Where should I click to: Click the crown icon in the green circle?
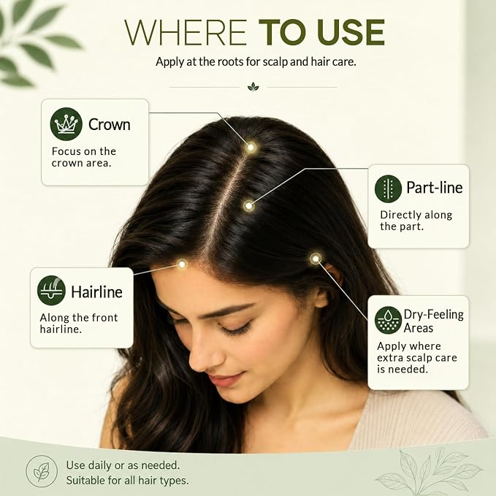66,124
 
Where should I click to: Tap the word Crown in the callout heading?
109,124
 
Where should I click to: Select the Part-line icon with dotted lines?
388,189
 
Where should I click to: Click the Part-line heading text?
435,188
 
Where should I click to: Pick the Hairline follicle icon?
51,291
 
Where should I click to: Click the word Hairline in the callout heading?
96,291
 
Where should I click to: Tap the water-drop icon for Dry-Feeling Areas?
388,320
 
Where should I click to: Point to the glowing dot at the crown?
251,148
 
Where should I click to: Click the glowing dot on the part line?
249,206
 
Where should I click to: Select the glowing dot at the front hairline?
182,264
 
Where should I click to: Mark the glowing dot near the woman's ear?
316,259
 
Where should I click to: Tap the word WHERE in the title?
186,33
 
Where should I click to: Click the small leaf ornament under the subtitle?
253,87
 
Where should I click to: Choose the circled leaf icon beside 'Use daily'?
42,471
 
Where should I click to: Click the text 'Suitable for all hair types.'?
128,481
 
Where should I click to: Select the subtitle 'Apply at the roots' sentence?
256,61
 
